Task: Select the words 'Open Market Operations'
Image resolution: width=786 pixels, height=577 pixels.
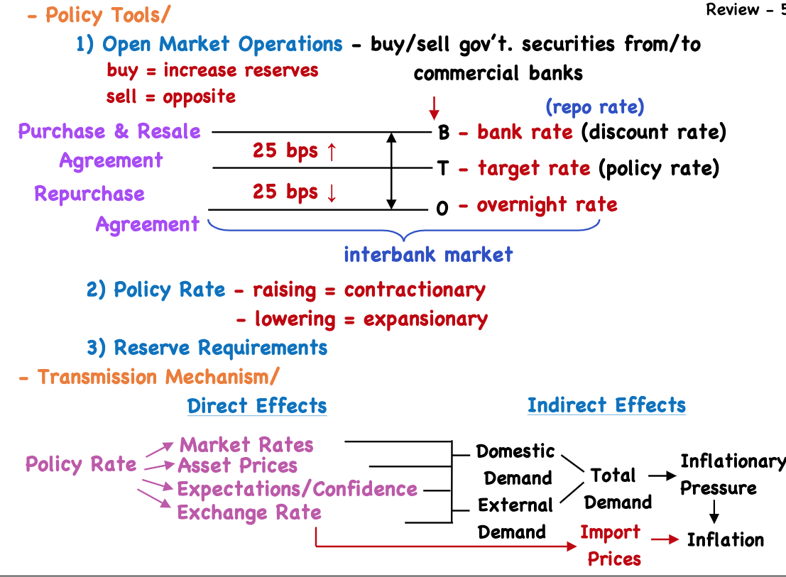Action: (x=222, y=44)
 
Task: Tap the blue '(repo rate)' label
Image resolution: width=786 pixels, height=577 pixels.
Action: (x=594, y=107)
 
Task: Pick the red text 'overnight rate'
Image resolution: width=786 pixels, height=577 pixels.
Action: (x=547, y=206)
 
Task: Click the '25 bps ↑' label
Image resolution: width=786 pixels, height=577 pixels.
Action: (x=293, y=150)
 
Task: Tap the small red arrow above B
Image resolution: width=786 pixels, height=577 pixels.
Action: (x=435, y=108)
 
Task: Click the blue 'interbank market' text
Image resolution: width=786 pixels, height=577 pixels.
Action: (x=428, y=254)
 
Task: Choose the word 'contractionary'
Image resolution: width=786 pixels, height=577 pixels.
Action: (x=415, y=290)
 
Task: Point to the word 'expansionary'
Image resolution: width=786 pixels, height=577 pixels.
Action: (x=425, y=319)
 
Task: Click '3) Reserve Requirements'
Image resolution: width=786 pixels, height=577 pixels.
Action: (x=207, y=348)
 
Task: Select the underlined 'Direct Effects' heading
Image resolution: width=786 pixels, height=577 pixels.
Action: (x=257, y=406)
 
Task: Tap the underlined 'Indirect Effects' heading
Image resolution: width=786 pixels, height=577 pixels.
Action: (x=606, y=405)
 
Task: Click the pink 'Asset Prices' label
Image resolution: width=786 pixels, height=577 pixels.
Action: (x=237, y=466)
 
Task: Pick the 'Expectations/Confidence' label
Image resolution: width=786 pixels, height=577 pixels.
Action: (x=297, y=489)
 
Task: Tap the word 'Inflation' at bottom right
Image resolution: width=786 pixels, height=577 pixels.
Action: (x=725, y=539)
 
